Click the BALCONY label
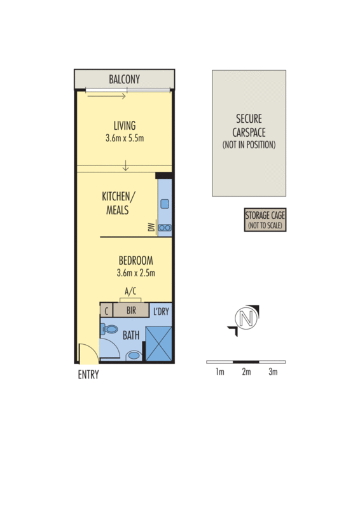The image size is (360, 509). [124, 79]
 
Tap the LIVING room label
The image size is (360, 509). [125, 125]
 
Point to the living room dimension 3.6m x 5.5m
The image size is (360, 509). [125, 138]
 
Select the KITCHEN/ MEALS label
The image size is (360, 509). [118, 203]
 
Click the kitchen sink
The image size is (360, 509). [165, 204]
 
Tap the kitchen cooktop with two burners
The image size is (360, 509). [165, 228]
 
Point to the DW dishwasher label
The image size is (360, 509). [151, 227]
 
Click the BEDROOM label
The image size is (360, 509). [135, 260]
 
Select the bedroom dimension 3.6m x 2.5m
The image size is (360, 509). [135, 273]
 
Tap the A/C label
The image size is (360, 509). [130, 291]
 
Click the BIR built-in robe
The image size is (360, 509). [131, 310]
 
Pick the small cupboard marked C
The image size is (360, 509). [106, 310]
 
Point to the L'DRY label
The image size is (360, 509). [161, 312]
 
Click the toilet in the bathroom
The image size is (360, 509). [109, 329]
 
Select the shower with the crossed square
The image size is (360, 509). [158, 344]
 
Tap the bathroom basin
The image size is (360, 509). [134, 355]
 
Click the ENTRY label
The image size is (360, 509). [88, 375]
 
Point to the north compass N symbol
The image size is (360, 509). [246, 319]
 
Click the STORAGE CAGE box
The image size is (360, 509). [265, 220]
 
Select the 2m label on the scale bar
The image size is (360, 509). [246, 372]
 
